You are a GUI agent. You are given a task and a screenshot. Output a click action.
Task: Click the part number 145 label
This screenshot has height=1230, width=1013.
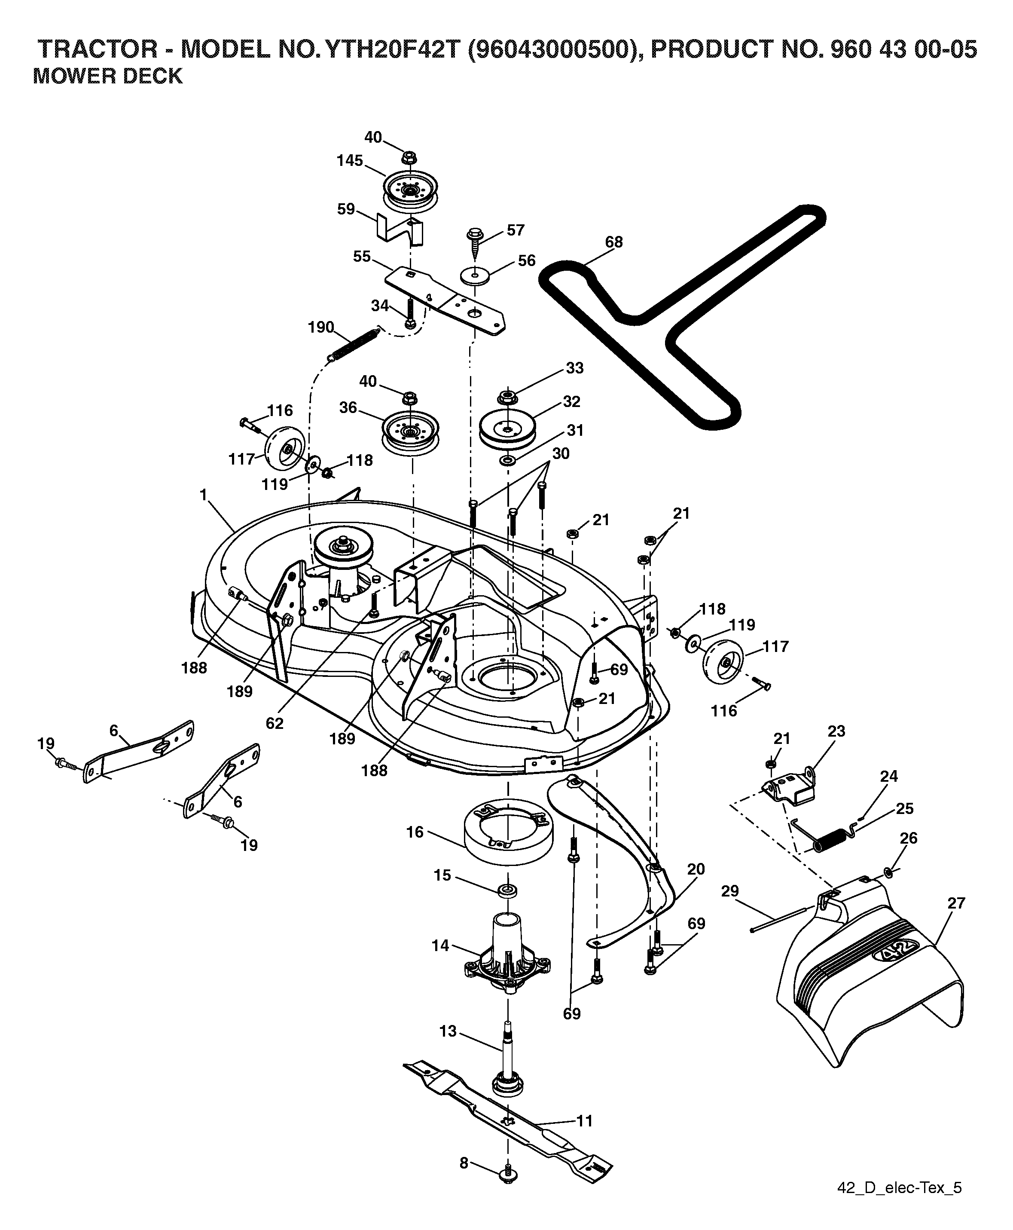(x=350, y=161)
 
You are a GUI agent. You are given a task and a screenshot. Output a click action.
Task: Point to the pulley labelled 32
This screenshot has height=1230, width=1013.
(x=508, y=431)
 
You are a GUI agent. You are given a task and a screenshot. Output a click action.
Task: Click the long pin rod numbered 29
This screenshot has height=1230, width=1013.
(x=780, y=919)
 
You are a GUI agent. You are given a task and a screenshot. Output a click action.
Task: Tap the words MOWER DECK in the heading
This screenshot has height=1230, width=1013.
(x=107, y=76)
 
